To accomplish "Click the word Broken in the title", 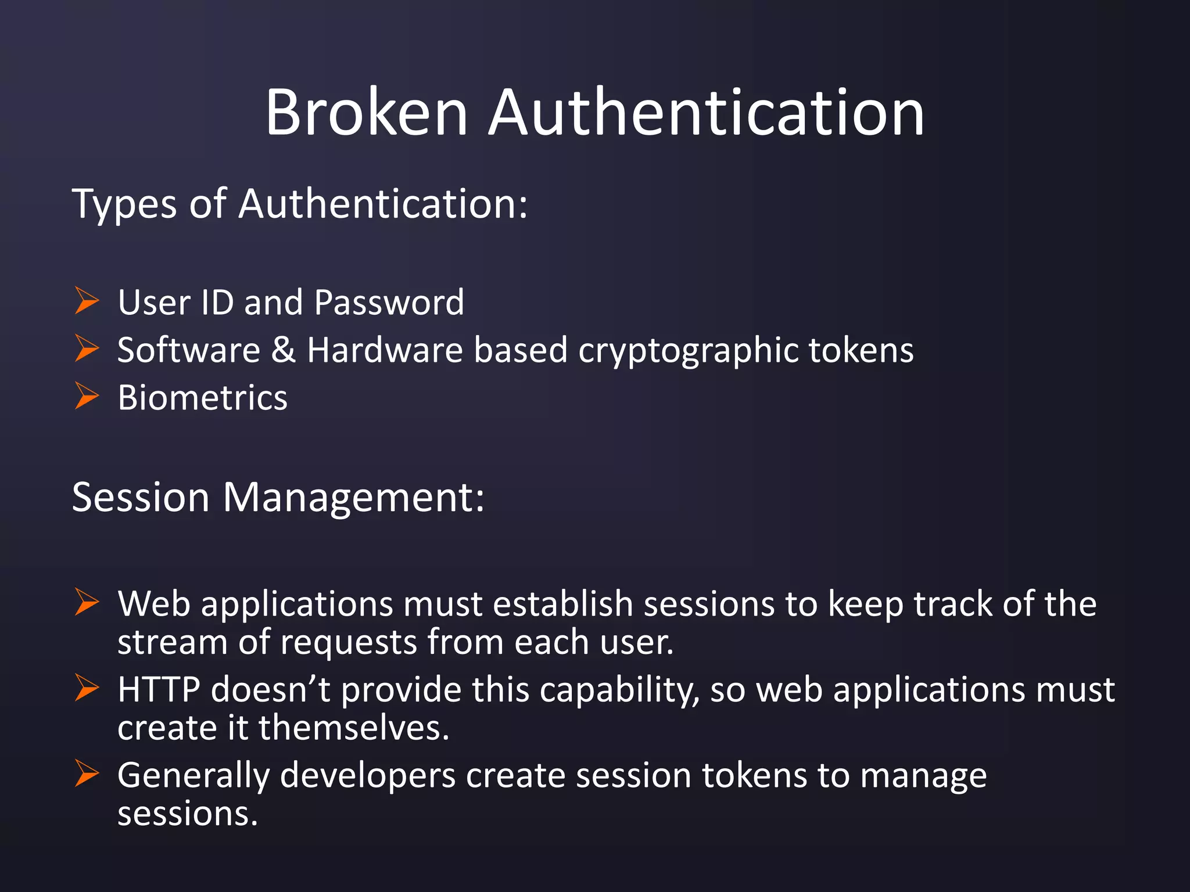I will (x=367, y=112).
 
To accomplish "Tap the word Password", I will (x=389, y=303).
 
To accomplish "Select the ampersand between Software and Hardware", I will (x=284, y=350).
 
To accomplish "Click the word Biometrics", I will (x=202, y=398).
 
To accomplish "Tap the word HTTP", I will (x=159, y=690).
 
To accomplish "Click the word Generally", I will (x=193, y=776).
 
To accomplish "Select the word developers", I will (x=368, y=776).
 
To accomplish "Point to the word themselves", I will (x=354, y=728).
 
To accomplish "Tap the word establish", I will (x=563, y=604).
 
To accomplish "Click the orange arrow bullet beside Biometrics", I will (x=87, y=396).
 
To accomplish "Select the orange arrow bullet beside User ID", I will (x=87, y=301).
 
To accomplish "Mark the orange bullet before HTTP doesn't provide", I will (x=87, y=688).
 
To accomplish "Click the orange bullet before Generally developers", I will (x=87, y=774).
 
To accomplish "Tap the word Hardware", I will (x=385, y=350).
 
